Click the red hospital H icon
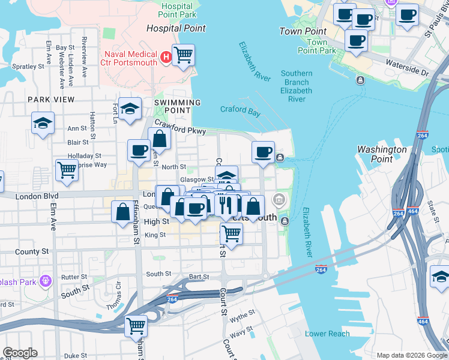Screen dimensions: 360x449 tap(166, 58)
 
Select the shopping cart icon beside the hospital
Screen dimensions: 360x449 tap(183, 55)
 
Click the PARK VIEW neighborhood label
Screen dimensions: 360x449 tap(50, 100)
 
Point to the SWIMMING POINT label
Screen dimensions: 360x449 tap(177, 103)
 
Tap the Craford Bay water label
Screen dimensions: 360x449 tap(240, 110)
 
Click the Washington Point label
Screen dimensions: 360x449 tap(382, 154)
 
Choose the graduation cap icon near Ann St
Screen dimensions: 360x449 tap(43, 123)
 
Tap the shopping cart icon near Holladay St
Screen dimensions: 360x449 tap(66, 170)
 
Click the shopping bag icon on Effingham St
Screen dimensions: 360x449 tap(123, 211)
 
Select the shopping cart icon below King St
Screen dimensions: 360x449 tap(231, 233)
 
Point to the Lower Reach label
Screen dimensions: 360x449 tap(327, 334)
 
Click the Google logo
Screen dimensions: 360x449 tap(20, 353)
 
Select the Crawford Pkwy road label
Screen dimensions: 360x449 tap(180, 127)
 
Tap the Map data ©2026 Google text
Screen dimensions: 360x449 tap(411, 355)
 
